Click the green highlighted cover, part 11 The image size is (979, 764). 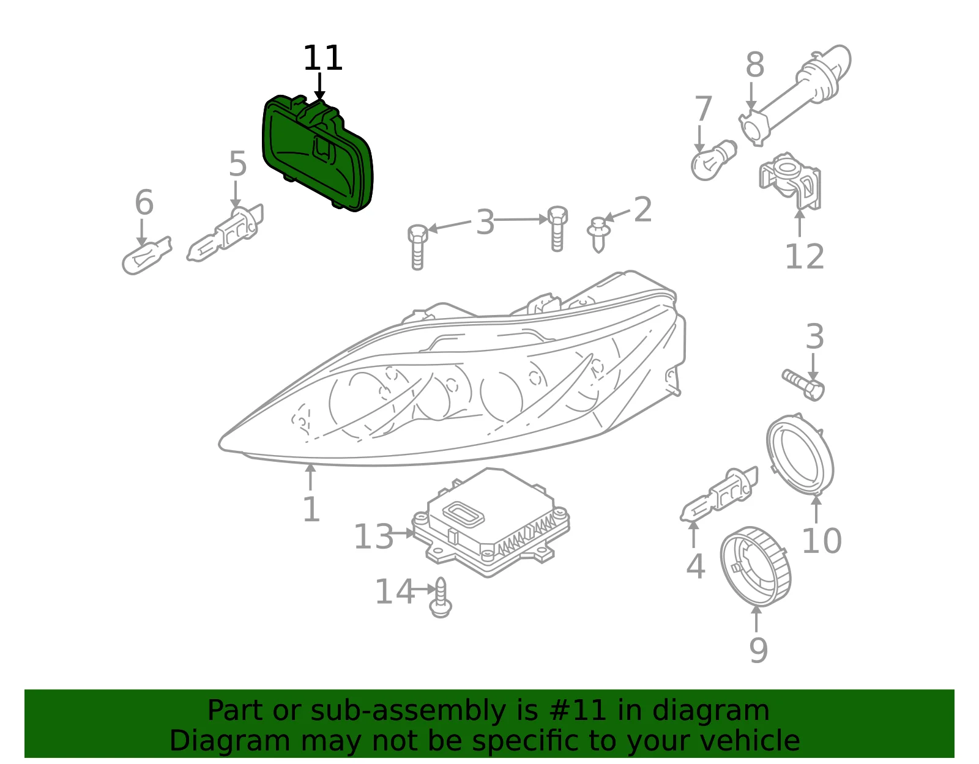click(318, 153)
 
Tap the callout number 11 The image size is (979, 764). click(322, 58)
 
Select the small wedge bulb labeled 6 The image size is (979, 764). click(146, 255)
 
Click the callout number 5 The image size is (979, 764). click(237, 163)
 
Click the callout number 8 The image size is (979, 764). click(754, 65)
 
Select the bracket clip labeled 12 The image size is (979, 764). click(790, 181)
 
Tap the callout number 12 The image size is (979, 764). click(805, 256)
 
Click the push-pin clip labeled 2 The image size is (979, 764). click(599, 235)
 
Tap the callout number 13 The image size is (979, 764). click(373, 536)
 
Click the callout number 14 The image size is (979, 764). click(395, 592)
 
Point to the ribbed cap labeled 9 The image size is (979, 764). click(756, 566)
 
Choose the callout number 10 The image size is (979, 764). click(822, 541)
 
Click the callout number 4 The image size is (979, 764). click(696, 566)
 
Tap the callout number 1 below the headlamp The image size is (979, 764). click(311, 510)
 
